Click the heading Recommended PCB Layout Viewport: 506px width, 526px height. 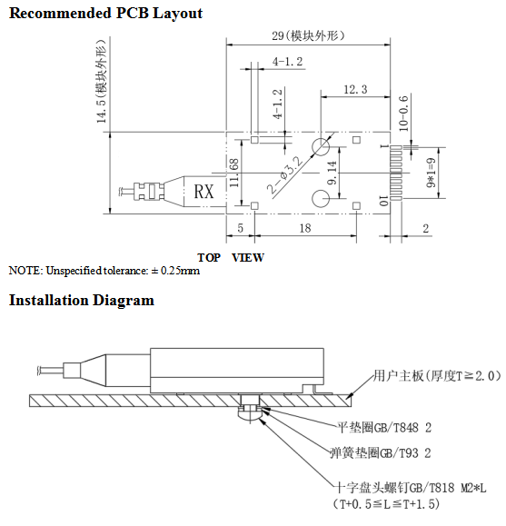pyautogui.click(x=105, y=14)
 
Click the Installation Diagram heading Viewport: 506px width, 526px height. pyautogui.click(x=82, y=300)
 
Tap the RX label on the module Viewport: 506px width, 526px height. pyautogui.click(x=203, y=192)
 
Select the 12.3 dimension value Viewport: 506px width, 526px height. pyautogui.click(x=355, y=90)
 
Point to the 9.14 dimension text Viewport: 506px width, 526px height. pyautogui.click(x=332, y=173)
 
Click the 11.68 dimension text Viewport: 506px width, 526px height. pyautogui.click(x=233, y=174)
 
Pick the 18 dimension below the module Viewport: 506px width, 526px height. pyautogui.click(x=305, y=228)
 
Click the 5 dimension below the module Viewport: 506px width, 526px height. pyautogui.click(x=240, y=228)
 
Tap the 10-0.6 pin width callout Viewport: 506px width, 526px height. pyautogui.click(x=403, y=114)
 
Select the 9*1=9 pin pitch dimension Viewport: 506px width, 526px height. pyautogui.click(x=432, y=173)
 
